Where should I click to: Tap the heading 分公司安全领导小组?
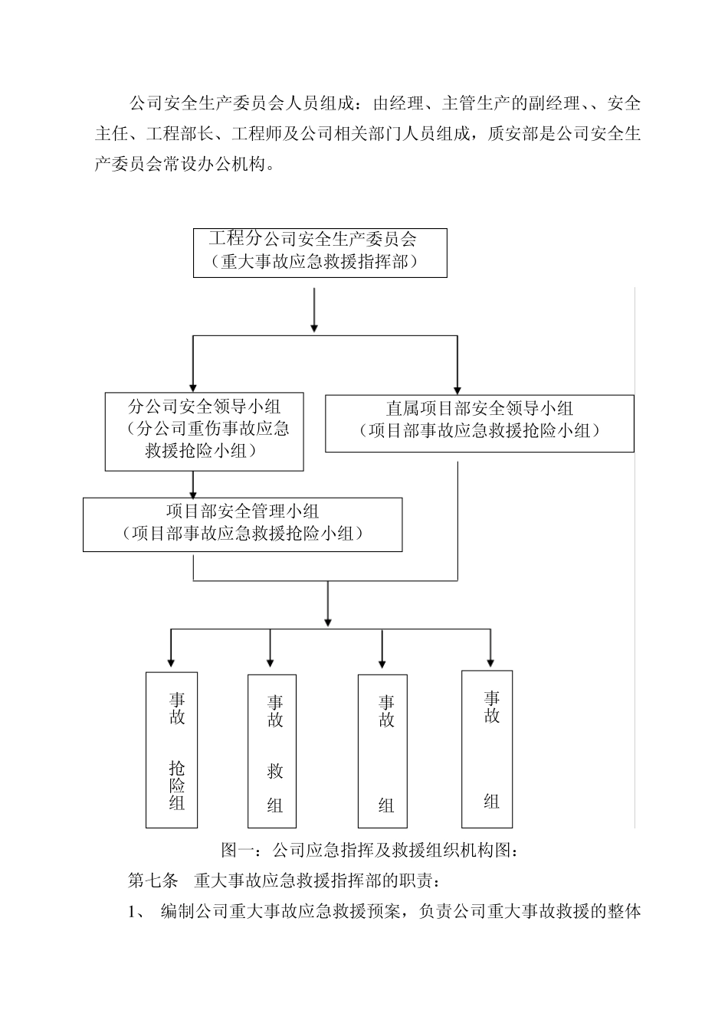click(x=204, y=405)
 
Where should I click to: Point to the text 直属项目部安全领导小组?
click(x=480, y=409)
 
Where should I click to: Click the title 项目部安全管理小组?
click(x=242, y=511)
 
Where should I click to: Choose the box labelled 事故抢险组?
click(x=172, y=750)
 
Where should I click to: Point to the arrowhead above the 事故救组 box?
click(x=270, y=660)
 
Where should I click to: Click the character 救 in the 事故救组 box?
click(x=275, y=772)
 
